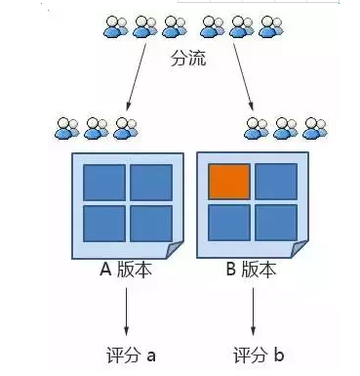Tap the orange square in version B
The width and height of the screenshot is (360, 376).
coord(230,182)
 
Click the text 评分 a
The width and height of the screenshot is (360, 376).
coord(130,355)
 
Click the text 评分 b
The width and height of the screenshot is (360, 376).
coord(255,355)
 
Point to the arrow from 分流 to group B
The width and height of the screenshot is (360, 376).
coord(242,82)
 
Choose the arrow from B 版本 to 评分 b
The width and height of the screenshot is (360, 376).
coord(254,313)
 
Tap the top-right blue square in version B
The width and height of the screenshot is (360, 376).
coord(276,182)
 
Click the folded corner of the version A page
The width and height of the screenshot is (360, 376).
coord(174,252)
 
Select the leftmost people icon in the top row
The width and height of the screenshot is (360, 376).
coord(116,26)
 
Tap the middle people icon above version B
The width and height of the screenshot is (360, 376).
coord(285,127)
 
